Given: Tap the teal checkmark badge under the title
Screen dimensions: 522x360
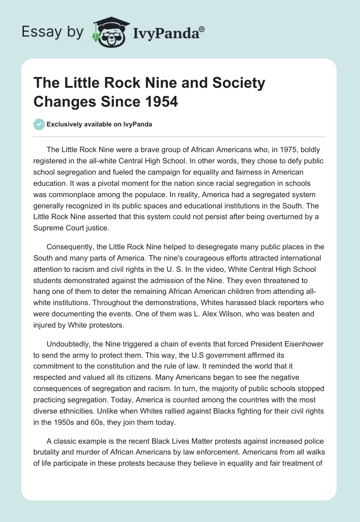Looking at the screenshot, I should click(39, 125).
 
